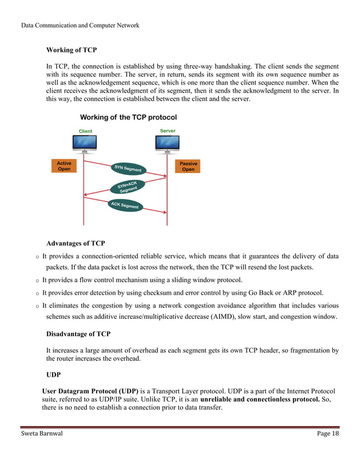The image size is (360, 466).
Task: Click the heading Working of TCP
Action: pyautogui.click(x=71, y=50)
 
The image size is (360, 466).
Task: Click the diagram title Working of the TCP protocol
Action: pyautogui.click(x=128, y=117)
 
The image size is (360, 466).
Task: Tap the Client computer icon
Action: pyautogui.click(x=85, y=144)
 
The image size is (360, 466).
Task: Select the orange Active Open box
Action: pyautogui.click(x=64, y=166)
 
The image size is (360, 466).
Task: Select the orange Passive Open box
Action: pyautogui.click(x=188, y=166)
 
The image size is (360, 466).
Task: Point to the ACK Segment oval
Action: pyautogui.click(x=125, y=205)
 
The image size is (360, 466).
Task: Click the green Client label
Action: pyautogui.click(x=85, y=131)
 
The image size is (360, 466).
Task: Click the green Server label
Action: pyautogui.click(x=168, y=131)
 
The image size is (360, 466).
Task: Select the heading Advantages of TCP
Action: pyautogui.click(x=76, y=244)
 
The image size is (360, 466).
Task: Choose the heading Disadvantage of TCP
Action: pyautogui.click(x=78, y=334)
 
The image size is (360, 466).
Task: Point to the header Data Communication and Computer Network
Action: pyautogui.click(x=80, y=25)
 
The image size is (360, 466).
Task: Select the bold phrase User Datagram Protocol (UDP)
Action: pyautogui.click(x=90, y=392)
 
